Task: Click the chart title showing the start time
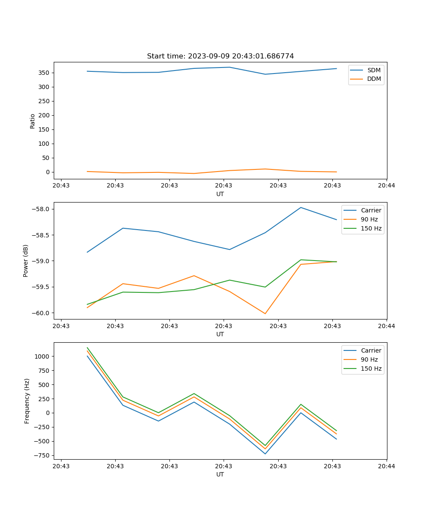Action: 220,56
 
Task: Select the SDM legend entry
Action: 374,70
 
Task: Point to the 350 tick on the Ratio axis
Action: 45,73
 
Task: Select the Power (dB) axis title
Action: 26,261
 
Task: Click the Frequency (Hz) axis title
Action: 27,401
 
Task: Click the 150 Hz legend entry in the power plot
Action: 371,228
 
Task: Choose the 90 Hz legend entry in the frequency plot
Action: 369,359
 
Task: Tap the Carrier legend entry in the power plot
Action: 371,210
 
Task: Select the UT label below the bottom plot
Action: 220,474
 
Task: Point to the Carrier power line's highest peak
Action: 301,208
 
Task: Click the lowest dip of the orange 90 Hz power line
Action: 265,313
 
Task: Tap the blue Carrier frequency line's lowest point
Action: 265,454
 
